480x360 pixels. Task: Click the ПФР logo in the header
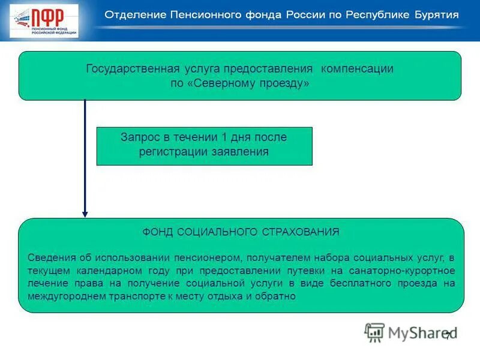(x=44, y=20)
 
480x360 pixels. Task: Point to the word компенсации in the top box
(x=357, y=68)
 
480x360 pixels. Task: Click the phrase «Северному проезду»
(x=248, y=83)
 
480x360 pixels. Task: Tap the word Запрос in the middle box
(x=140, y=137)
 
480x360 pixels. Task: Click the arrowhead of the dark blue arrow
(x=85, y=213)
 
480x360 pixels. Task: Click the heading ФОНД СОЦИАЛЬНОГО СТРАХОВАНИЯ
(x=241, y=231)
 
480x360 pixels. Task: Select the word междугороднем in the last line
(x=63, y=296)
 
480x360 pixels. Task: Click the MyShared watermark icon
(x=375, y=332)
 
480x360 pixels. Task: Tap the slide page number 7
(x=448, y=336)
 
